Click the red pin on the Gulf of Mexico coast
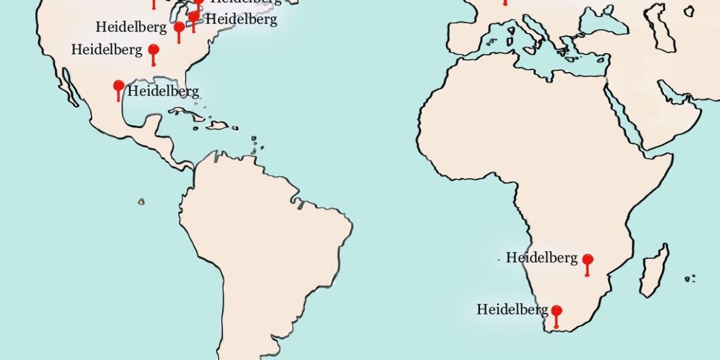pyautogui.click(x=118, y=86)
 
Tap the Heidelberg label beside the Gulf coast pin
pyautogui.click(x=163, y=91)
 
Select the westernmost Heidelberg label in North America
pyautogui.click(x=107, y=49)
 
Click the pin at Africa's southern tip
pyautogui.click(x=556, y=311)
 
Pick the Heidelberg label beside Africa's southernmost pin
pyautogui.click(x=512, y=309)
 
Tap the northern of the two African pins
pyautogui.click(x=587, y=260)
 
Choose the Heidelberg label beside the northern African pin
pyautogui.click(x=541, y=258)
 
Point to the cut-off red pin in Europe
pyautogui.click(x=505, y=2)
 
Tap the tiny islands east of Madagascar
pyautogui.click(x=690, y=278)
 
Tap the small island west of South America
pyautogui.click(x=141, y=202)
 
